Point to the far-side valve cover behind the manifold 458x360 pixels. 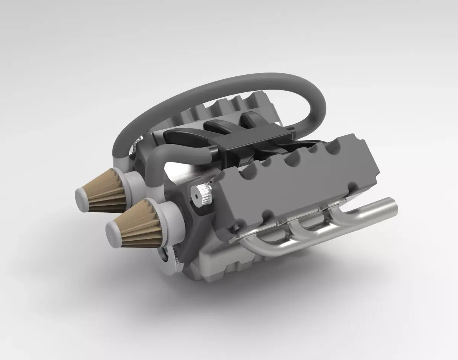[229, 107]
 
